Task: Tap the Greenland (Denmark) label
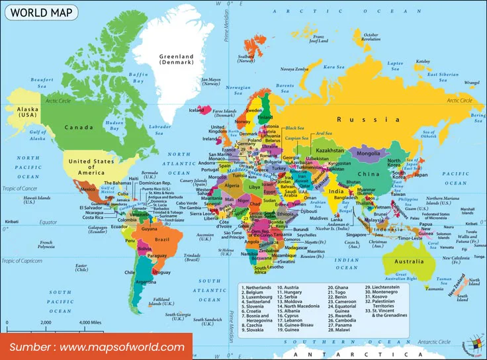tap(176, 60)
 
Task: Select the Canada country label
tap(78, 127)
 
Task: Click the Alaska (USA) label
tap(27, 112)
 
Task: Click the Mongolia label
tap(368, 154)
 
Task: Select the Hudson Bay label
tap(114, 126)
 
